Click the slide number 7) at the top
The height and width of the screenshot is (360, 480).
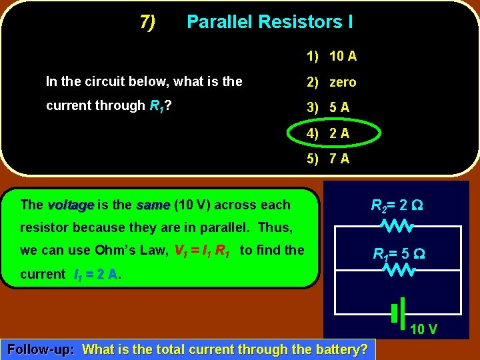[148, 22]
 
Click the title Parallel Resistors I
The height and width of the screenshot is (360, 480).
[269, 22]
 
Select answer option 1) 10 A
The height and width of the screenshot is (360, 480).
[331, 56]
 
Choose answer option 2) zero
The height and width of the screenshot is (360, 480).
[331, 82]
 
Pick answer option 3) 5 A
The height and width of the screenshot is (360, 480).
[328, 107]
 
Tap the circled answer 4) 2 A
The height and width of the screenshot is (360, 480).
[328, 133]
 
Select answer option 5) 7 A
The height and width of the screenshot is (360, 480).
[328, 159]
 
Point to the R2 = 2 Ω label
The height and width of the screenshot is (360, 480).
[397, 205]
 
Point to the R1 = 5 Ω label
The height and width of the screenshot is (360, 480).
[399, 253]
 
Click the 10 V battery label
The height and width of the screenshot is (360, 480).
[423, 329]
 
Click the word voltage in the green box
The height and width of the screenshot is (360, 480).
[71, 205]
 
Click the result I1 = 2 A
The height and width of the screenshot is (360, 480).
[95, 274]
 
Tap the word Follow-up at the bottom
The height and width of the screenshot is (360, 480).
[40, 349]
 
